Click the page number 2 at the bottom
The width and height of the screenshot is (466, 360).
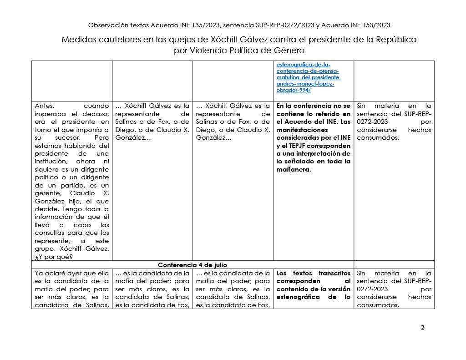[422, 327]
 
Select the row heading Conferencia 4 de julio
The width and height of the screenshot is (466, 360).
[192, 264]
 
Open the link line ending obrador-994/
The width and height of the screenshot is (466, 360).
[293, 90]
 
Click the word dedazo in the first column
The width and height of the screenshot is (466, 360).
[96, 113]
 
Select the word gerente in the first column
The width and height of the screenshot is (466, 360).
[49, 193]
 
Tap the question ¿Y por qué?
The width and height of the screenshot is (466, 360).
[54, 256]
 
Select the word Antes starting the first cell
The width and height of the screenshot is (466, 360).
[45, 106]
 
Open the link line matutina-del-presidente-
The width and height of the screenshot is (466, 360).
[309, 77]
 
